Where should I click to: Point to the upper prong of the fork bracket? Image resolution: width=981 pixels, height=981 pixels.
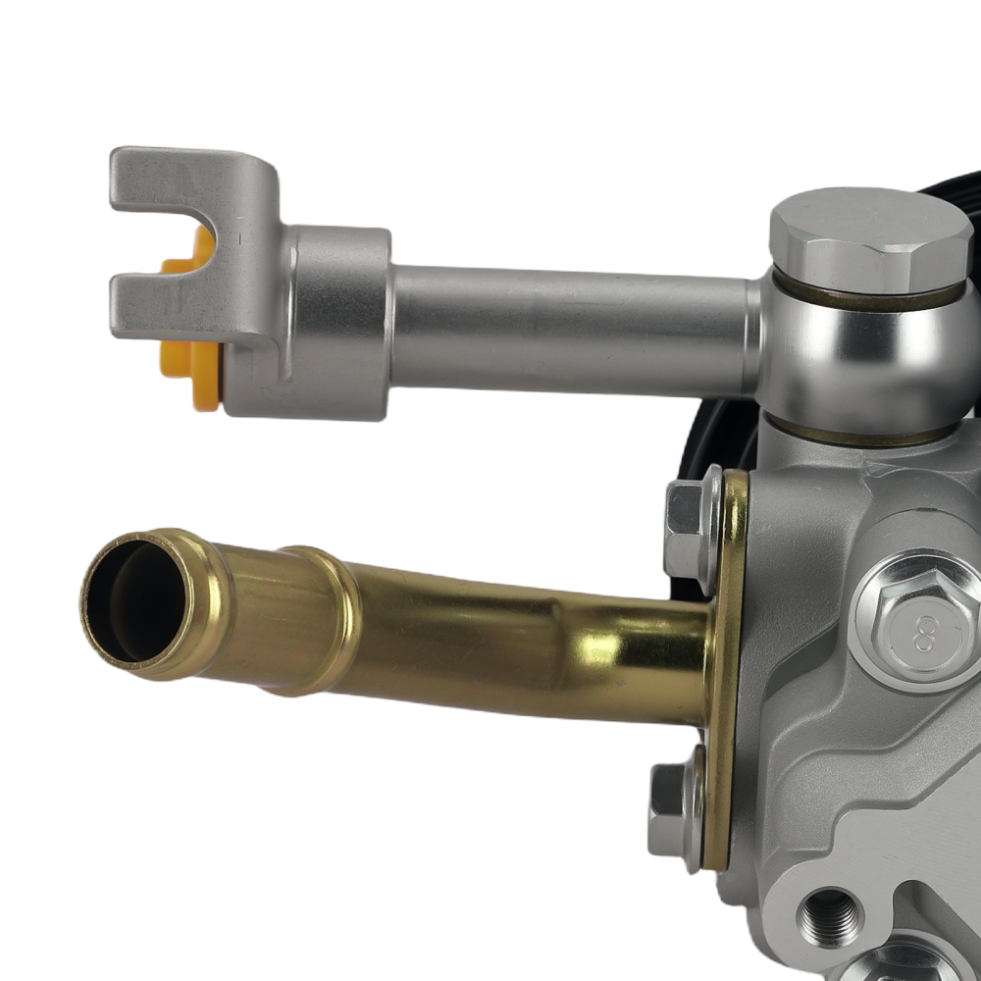click(186, 181)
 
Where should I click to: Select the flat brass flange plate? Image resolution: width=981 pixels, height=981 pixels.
click(726, 667)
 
